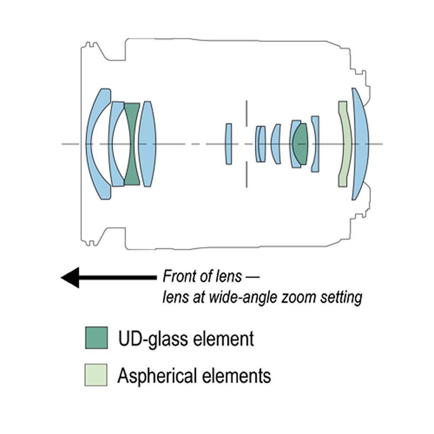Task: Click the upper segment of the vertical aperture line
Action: tap(246, 113)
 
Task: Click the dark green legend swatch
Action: tap(96, 338)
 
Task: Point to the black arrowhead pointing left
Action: tap(69, 277)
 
